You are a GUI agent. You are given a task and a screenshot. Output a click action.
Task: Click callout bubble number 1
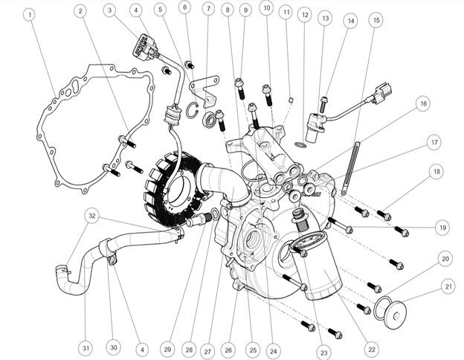(30, 14)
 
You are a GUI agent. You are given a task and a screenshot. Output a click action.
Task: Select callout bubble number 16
(423, 103)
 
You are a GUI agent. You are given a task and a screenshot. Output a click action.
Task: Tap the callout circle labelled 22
(372, 350)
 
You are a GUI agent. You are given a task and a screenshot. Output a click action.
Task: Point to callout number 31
(86, 348)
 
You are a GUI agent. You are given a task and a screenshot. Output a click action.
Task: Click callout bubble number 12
(305, 15)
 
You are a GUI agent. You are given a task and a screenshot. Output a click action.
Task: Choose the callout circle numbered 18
(436, 171)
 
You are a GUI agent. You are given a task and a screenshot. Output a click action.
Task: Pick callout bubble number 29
(167, 350)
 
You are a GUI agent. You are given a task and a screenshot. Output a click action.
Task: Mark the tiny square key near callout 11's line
(291, 100)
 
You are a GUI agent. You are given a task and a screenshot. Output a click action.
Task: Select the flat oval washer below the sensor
(300, 145)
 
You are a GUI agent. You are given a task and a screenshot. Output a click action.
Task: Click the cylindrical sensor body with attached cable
(315, 127)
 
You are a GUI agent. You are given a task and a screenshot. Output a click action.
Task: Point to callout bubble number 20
(445, 259)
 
